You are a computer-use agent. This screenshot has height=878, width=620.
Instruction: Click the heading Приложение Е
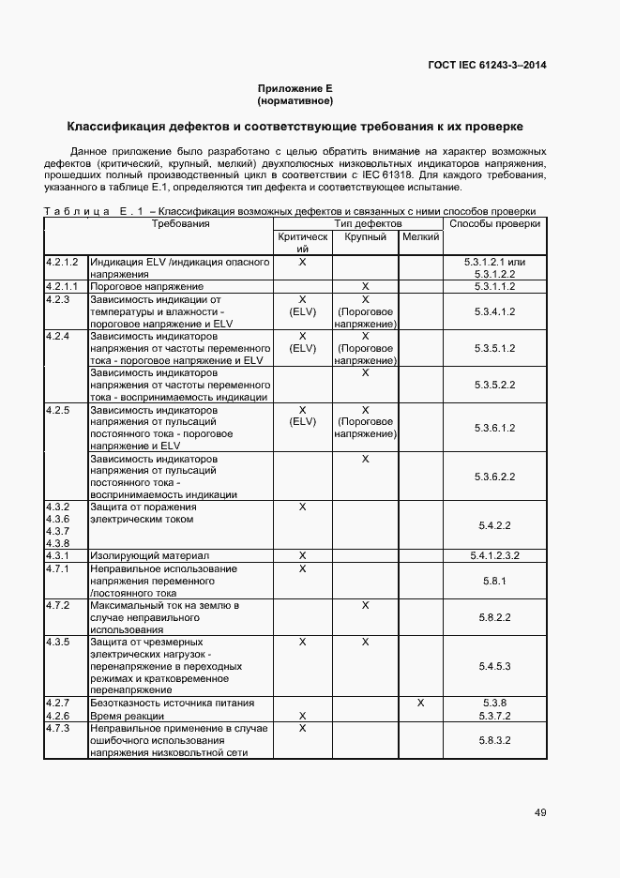coord(295,87)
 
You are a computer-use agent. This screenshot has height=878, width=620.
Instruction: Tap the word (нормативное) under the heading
coord(295,100)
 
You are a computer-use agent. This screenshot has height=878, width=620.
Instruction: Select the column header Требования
coord(181,224)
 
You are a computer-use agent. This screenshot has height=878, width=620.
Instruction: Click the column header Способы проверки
coord(494,224)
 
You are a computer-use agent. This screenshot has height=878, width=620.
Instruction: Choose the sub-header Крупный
coord(365,238)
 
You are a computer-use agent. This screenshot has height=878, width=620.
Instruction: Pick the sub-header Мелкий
coord(420,238)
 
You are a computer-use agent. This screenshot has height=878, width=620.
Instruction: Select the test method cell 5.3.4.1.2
coord(494,311)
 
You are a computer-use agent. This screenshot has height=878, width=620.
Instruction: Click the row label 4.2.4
coord(58,336)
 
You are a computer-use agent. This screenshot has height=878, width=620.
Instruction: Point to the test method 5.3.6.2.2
coord(494,477)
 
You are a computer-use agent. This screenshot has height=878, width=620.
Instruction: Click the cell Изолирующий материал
coord(149,555)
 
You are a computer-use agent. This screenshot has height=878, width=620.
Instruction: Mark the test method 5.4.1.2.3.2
coord(494,555)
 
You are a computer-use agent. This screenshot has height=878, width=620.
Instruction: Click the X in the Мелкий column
coord(420,703)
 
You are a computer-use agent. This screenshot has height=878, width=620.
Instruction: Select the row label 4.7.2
coord(58,606)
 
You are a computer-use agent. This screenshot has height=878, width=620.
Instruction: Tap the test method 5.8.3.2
coord(494,740)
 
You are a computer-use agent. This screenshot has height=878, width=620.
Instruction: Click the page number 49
coord(540,812)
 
